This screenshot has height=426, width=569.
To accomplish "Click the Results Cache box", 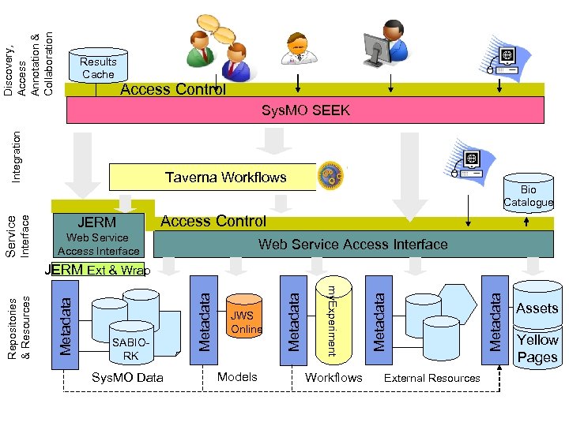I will pyautogui.click(x=98, y=68).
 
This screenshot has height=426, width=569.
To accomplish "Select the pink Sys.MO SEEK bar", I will pyautogui.click(x=305, y=110).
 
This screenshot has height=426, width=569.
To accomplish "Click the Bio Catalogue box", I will pyautogui.click(x=528, y=196).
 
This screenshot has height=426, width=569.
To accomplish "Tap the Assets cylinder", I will pyautogui.click(x=537, y=307).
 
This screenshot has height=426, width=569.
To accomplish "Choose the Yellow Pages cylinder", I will pyautogui.click(x=537, y=348).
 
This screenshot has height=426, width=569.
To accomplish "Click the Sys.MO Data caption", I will pyautogui.click(x=127, y=378).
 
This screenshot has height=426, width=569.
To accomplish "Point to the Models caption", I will pyautogui.click(x=237, y=377).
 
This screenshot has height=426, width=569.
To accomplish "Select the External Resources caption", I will pyautogui.click(x=431, y=378).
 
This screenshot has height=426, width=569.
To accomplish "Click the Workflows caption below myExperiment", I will pyautogui.click(x=333, y=378).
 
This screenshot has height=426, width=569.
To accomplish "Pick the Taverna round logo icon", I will pyautogui.click(x=328, y=177).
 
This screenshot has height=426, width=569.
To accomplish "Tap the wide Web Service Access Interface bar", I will pyautogui.click(x=352, y=245).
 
